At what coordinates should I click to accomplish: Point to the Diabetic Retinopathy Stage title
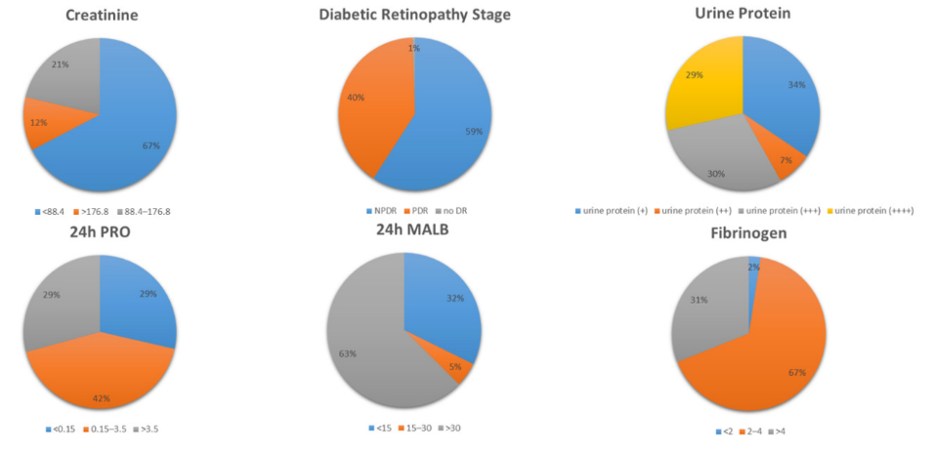414,15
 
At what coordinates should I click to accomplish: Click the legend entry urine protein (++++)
875,209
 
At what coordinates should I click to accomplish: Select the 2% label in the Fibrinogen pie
753,267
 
